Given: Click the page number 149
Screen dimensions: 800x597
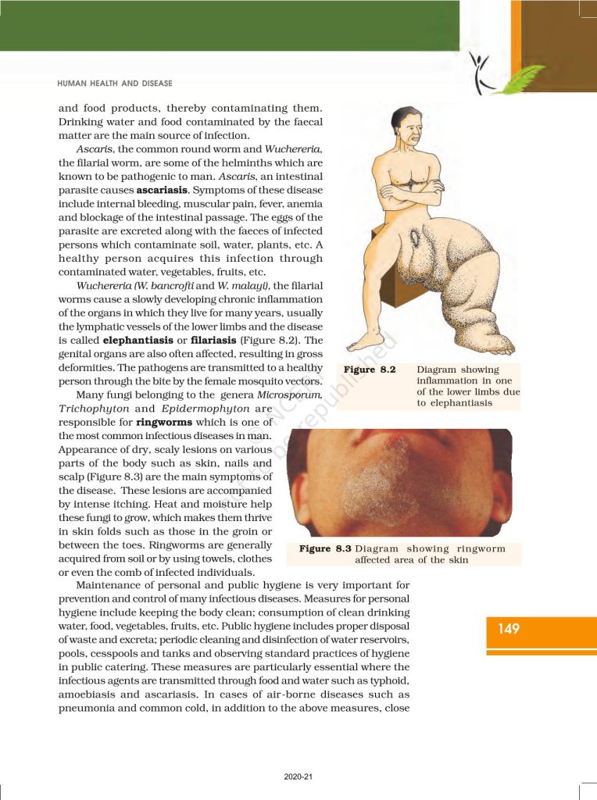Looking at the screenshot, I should [x=508, y=629].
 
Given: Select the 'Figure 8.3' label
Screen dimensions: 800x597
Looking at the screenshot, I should [x=325, y=548].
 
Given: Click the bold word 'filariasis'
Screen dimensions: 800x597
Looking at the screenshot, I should [x=220, y=341].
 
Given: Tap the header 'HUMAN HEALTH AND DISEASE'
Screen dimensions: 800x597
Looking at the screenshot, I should [x=115, y=83].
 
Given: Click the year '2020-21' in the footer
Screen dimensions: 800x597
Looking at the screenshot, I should [x=298, y=777].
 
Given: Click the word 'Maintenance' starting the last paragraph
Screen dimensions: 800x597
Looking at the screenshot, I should [x=111, y=585].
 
